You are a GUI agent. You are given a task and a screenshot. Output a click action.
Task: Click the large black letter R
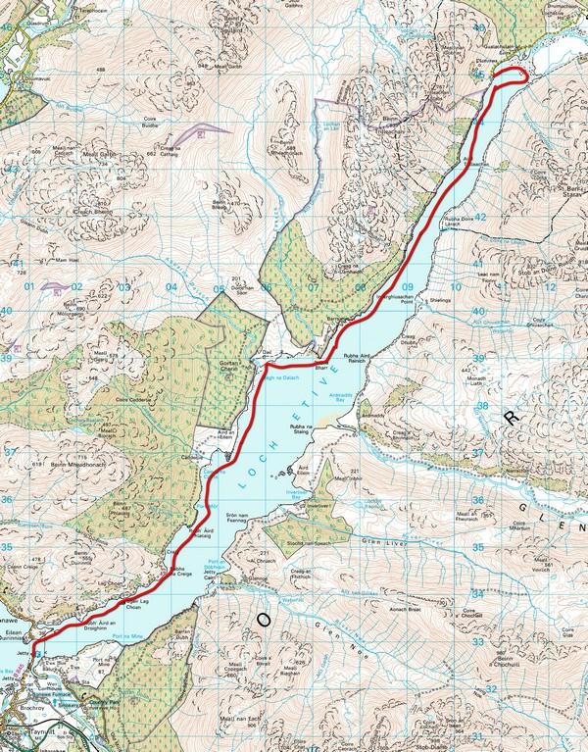[x=509, y=419]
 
